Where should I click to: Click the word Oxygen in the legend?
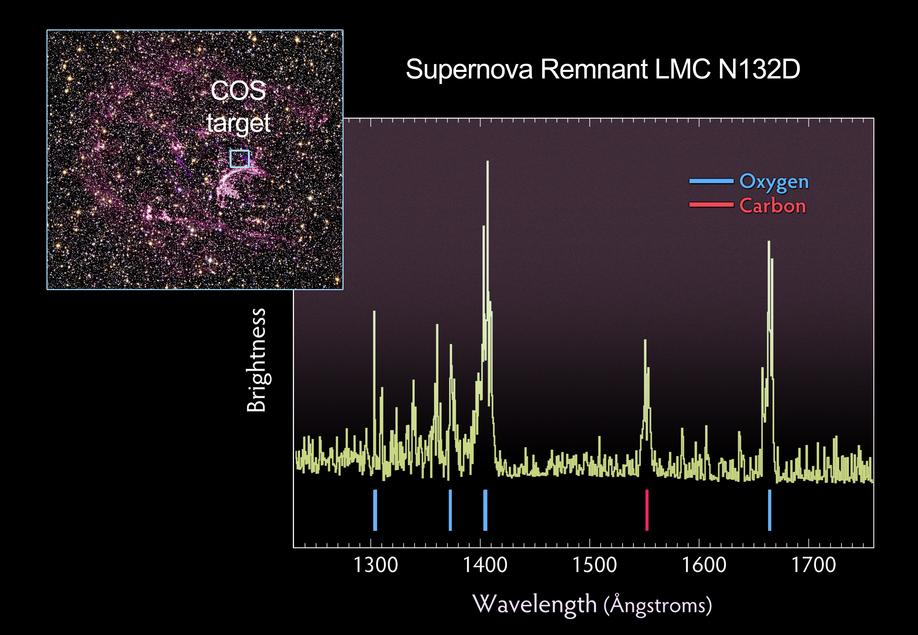(x=774, y=182)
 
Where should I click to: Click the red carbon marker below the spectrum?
(x=647, y=510)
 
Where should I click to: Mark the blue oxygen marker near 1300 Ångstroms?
(x=375, y=510)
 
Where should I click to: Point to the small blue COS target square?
(x=240, y=159)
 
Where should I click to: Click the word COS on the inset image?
(x=238, y=91)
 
